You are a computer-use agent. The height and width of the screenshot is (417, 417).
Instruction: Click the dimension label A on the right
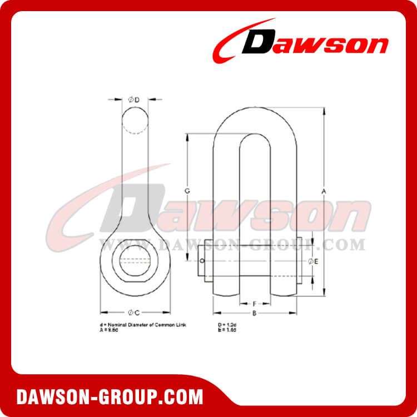pyautogui.click(x=323, y=191)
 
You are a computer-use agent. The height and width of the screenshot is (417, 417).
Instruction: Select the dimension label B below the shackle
pyautogui.click(x=254, y=314)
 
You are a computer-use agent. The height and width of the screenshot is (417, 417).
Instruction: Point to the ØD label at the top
pyautogui.click(x=134, y=100)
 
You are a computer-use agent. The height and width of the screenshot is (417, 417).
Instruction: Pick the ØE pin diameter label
pyautogui.click(x=312, y=261)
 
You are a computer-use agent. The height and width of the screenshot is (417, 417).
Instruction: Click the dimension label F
pyautogui.click(x=254, y=304)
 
